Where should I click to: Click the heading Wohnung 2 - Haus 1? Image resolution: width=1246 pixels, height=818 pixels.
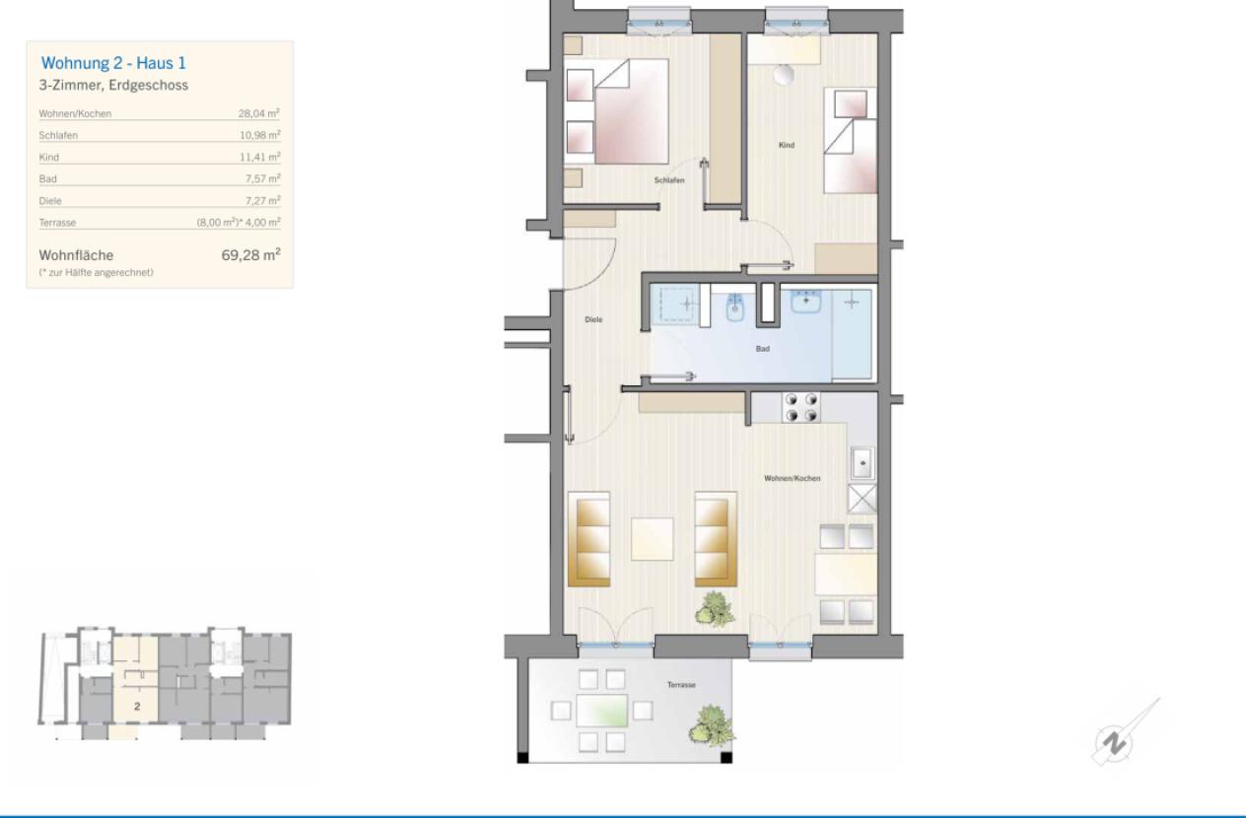[113, 63]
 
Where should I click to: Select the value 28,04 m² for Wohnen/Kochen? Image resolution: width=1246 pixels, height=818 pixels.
[259, 113]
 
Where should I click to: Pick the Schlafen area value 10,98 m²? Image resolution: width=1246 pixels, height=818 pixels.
[260, 135]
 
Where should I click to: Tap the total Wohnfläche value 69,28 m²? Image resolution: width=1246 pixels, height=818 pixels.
[250, 254]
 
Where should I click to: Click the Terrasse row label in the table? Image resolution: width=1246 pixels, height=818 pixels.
[57, 223]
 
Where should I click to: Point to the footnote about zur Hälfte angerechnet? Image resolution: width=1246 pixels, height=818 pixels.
[97, 272]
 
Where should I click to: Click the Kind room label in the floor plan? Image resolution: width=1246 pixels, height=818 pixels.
[787, 145]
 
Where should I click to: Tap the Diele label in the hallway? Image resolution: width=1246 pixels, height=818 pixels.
[593, 319]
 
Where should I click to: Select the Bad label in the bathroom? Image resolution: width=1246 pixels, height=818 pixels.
[763, 349]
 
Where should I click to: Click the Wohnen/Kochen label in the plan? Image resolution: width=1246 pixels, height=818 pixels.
[793, 478]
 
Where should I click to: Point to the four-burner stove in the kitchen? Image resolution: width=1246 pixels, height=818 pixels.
[801, 408]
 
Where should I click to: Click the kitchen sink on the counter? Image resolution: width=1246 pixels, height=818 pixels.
[863, 462]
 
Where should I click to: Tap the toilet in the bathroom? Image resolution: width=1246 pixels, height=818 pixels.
[735, 307]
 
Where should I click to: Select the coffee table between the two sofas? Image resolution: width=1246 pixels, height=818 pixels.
[652, 539]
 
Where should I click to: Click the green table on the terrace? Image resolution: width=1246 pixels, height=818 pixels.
[602, 711]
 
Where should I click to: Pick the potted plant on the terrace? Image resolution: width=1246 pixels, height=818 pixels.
[712, 725]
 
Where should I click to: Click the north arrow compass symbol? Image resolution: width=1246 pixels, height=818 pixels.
[1114, 742]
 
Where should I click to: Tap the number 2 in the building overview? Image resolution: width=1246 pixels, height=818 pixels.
[137, 707]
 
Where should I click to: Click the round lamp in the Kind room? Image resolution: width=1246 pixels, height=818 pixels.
[784, 75]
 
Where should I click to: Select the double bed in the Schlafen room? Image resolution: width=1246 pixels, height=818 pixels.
[616, 111]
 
